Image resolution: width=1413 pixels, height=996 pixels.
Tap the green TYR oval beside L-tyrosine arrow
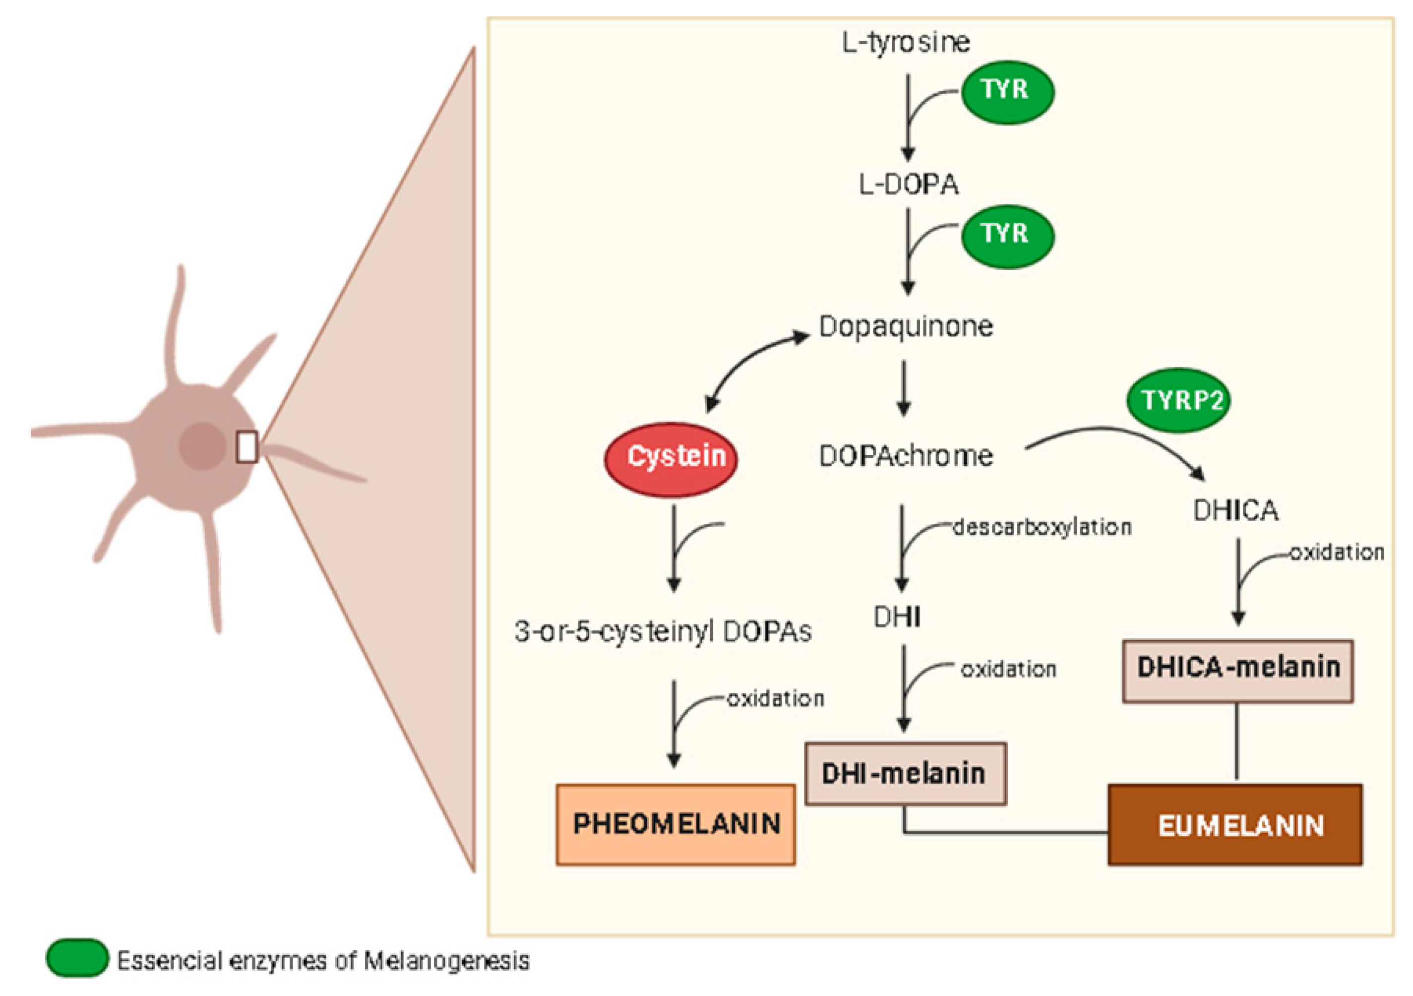tap(1007, 92)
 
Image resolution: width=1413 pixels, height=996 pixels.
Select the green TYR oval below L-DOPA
tap(1007, 236)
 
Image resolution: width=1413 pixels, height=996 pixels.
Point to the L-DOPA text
tap(909, 184)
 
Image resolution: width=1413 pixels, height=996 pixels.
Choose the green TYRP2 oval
tap(1178, 401)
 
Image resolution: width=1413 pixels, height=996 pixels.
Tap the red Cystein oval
tap(671, 459)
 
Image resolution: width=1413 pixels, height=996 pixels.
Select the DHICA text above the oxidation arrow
tap(1235, 510)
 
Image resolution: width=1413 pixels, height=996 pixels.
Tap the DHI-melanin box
tap(905, 773)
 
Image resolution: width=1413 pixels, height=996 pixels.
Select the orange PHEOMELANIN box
tap(676, 824)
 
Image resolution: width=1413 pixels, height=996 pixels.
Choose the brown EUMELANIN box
tap(1235, 824)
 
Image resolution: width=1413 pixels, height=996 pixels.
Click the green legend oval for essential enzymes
tap(77, 958)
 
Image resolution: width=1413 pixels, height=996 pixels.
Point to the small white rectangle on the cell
tap(247, 447)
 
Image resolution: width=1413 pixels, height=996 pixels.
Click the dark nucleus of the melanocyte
tap(202, 446)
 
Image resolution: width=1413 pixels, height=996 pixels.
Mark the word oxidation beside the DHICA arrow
tap(1337, 552)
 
